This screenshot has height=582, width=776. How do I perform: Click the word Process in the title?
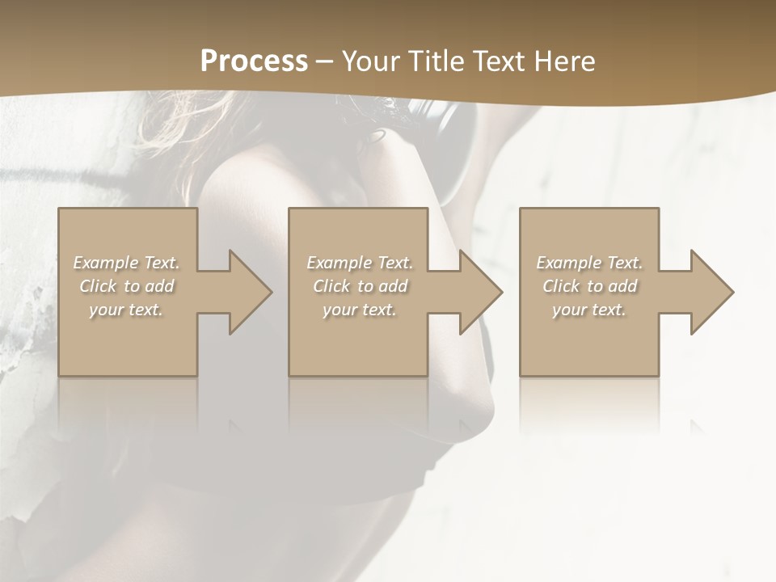254,61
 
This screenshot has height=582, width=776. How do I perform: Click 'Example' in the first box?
106,263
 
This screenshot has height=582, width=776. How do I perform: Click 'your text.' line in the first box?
126,310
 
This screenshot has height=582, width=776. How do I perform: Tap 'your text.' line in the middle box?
360,310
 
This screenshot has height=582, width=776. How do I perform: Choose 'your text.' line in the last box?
589,310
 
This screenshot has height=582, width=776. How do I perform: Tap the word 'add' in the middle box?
392,286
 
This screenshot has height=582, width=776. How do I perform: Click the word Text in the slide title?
500,61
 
